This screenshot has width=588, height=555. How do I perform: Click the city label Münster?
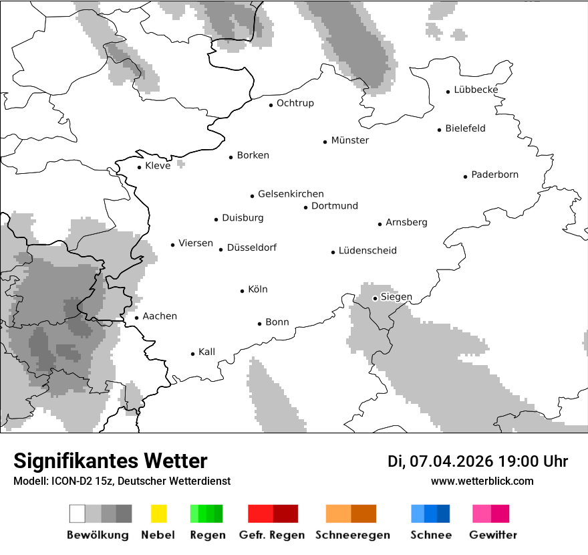[x=350, y=140]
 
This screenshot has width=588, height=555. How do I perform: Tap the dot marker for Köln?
[x=243, y=291]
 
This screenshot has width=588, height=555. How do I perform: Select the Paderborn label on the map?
[x=494, y=175]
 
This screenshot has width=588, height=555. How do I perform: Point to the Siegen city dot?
[x=376, y=298]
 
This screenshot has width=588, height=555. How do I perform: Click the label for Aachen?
[x=160, y=316]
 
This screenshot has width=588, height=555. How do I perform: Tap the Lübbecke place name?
[x=476, y=90]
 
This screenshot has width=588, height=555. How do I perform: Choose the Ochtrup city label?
[x=295, y=104]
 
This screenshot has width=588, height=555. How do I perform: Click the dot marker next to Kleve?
[x=140, y=167]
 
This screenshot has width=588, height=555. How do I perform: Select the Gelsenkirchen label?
[x=291, y=194]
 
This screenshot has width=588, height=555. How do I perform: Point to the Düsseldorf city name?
[x=251, y=248]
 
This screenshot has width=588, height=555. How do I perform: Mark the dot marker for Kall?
[x=193, y=354]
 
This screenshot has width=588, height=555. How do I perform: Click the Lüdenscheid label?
[x=367, y=251]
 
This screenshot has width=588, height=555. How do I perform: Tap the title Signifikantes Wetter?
[x=110, y=461]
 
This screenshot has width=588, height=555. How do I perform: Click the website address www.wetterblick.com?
[x=482, y=481]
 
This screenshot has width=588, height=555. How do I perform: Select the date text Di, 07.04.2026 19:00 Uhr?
[x=478, y=461]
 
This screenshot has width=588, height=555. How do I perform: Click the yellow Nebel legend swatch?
[x=158, y=514]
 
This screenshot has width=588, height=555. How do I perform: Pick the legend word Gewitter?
[x=492, y=535]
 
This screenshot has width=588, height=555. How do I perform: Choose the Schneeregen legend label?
[x=352, y=535]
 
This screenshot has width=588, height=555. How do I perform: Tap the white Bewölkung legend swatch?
[x=78, y=514]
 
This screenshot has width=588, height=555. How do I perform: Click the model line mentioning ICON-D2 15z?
[x=122, y=481]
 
